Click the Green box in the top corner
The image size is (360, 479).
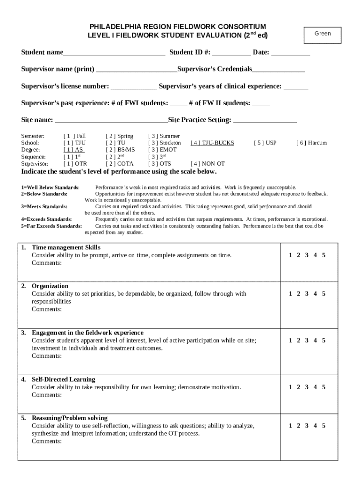(x=323, y=34)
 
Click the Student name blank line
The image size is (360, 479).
(x=114, y=52)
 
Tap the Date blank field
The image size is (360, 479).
(x=290, y=52)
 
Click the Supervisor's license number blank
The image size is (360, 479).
(x=134, y=87)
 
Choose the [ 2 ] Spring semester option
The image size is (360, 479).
(x=119, y=136)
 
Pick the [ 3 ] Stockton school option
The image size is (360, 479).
(x=164, y=143)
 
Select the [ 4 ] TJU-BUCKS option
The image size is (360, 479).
(x=212, y=143)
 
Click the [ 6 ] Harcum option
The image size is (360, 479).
(x=311, y=143)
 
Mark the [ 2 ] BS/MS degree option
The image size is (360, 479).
(x=120, y=150)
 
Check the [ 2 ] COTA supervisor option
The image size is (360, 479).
(x=119, y=164)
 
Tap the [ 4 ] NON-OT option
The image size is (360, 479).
(x=208, y=164)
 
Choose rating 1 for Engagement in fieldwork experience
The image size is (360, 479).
(x=291, y=341)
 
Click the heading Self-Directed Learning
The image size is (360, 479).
(x=63, y=379)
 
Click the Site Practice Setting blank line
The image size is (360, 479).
(x=265, y=121)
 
